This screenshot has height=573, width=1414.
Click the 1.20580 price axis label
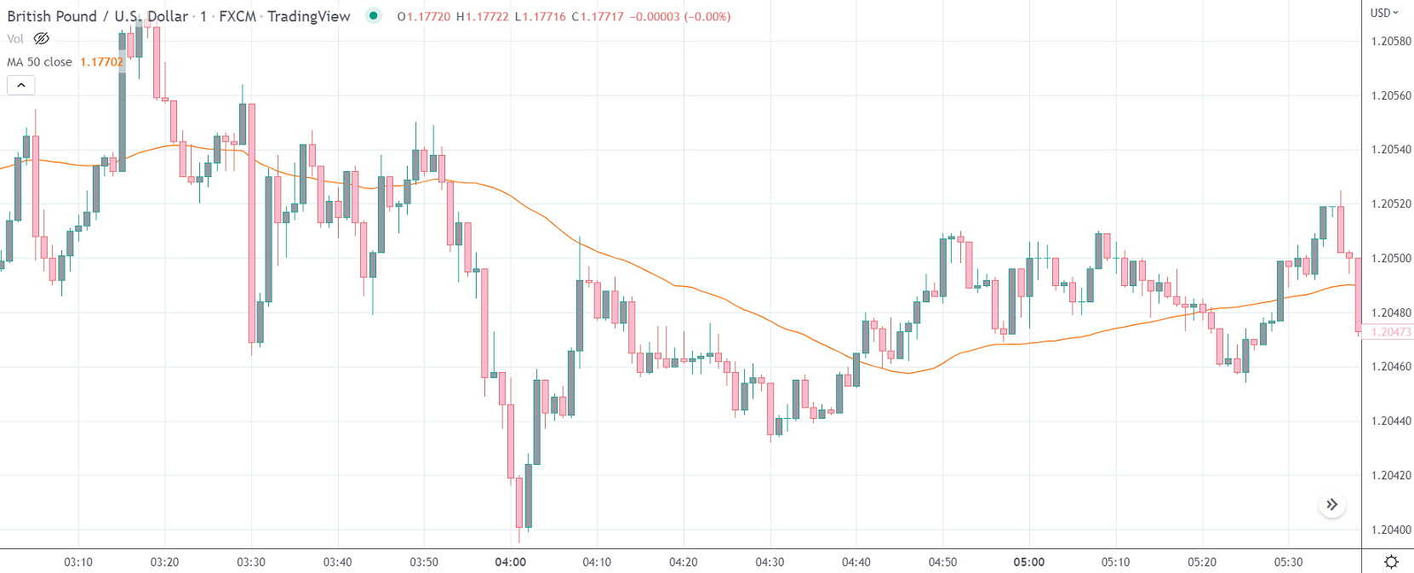1391,41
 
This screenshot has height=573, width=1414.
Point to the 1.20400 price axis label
1391,530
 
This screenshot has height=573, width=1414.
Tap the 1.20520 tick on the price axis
1391,203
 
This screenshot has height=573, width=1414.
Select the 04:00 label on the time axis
510,562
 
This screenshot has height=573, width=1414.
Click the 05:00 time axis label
1028,562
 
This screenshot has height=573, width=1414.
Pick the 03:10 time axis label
78,562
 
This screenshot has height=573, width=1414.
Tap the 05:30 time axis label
1288,562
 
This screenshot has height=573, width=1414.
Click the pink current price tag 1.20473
1391,332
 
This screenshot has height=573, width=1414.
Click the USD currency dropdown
1384,13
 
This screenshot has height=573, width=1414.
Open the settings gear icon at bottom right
1391,562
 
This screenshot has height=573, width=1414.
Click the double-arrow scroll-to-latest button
1332,505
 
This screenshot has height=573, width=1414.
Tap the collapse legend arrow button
21,85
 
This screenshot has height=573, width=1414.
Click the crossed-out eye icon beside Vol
41,38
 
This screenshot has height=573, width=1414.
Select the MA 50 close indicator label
39,62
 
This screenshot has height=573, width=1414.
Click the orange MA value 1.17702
101,62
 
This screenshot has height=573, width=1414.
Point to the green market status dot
373,15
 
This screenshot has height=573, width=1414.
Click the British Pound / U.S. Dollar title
97,16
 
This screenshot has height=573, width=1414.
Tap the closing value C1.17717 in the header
598,16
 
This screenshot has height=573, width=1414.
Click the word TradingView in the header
308,16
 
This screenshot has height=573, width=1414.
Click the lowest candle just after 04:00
519,502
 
